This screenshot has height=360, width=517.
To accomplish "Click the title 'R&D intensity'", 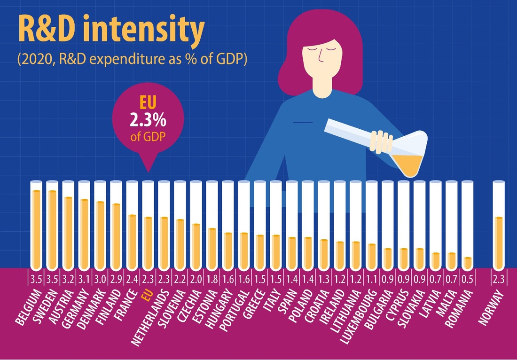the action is [111, 29].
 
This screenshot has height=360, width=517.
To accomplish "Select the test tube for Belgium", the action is [36, 225].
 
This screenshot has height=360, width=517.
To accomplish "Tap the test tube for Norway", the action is [499, 225].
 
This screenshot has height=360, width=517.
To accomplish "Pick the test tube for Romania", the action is [467, 225].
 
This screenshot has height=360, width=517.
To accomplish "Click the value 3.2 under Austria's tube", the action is [68, 280].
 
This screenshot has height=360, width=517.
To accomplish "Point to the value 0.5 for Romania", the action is [467, 280].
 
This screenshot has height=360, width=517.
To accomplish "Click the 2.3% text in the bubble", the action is [148, 121].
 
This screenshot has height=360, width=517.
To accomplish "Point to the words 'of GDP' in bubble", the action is [148, 136].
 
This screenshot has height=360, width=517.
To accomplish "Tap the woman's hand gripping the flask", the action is [381, 142].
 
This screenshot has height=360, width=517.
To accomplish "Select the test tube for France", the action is [132, 225].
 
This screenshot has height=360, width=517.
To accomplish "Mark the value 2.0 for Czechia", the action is [196, 280].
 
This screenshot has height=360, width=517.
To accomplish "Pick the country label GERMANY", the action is [75, 308].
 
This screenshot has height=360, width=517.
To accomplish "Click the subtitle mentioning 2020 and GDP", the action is [132, 60].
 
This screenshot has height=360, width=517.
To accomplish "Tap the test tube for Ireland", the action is [340, 225].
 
